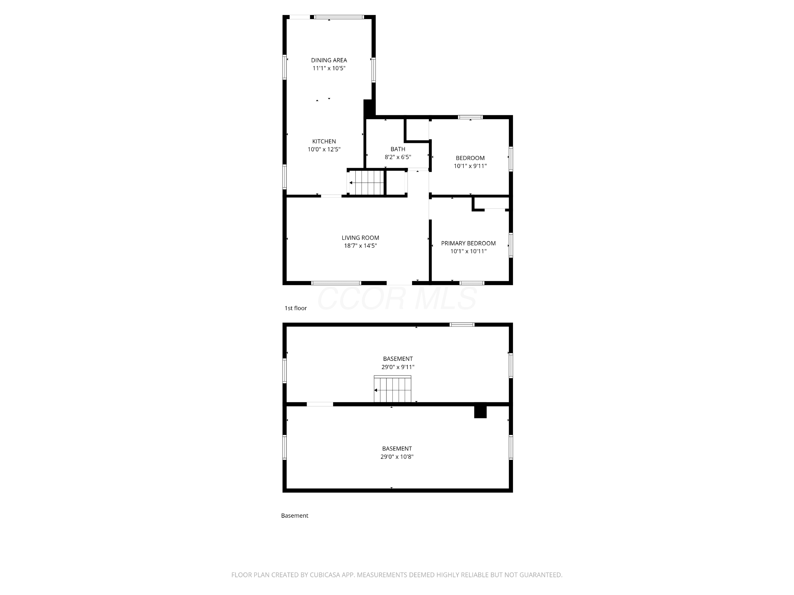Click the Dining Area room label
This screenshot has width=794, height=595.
(x=329, y=60)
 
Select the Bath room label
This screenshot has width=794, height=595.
(x=398, y=149)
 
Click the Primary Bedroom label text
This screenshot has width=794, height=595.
(x=468, y=243)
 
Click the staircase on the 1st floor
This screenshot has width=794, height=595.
(x=366, y=182)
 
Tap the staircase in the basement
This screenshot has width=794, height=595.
(x=392, y=389)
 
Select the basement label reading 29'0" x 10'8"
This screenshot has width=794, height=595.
(x=397, y=457)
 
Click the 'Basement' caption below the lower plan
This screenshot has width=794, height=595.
(x=294, y=515)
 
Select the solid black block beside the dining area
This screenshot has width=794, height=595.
(x=368, y=108)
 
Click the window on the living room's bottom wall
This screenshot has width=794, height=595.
(x=336, y=283)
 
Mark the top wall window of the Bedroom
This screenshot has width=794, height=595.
(x=470, y=117)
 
